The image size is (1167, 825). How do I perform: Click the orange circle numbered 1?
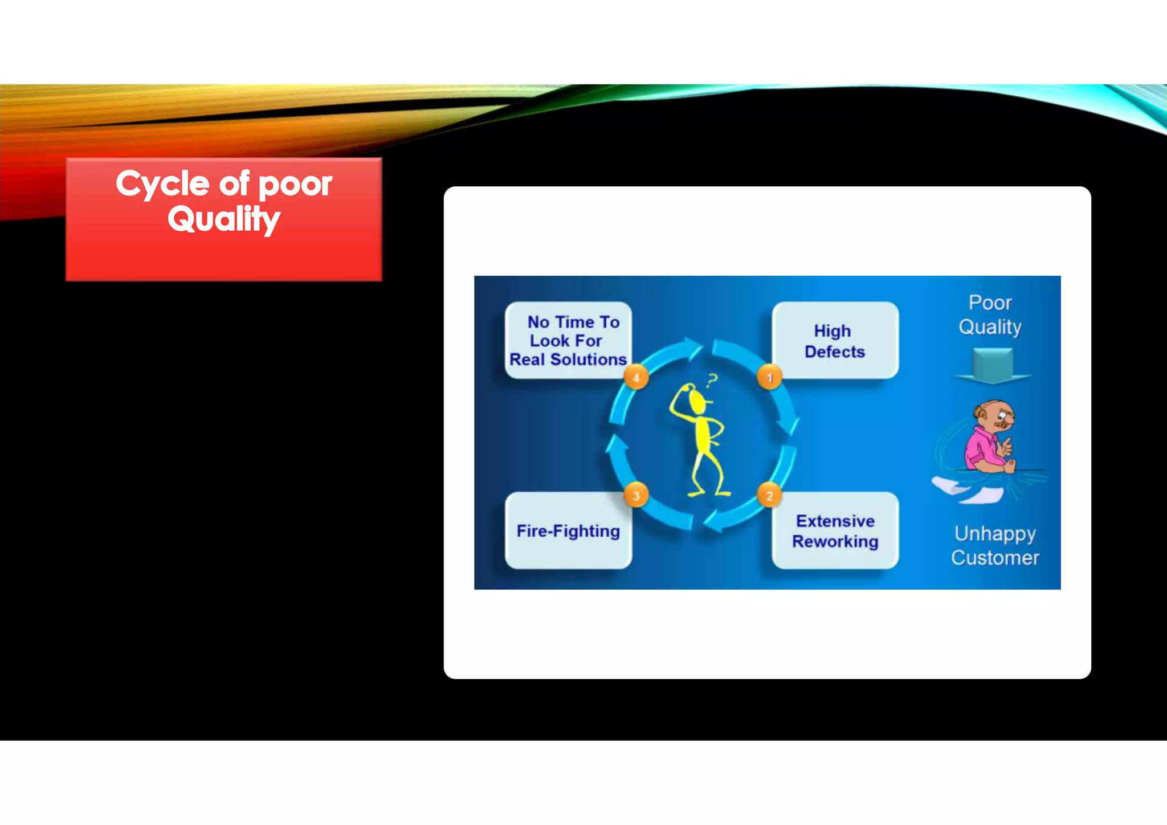point(769,377)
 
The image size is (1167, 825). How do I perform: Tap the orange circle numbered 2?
point(769,496)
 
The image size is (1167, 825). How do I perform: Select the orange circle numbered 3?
point(636,496)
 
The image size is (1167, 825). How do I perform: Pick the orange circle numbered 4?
point(636,377)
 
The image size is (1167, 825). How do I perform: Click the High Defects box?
point(835,340)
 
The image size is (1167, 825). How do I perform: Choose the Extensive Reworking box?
point(835,530)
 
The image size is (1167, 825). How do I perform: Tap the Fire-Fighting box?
point(568,530)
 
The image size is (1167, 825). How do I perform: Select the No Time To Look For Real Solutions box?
point(568,340)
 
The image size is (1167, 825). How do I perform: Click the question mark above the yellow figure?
point(711,381)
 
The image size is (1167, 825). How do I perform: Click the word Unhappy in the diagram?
point(995,534)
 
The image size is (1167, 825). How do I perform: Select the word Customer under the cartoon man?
point(995,558)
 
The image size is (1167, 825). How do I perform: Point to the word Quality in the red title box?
point(224,219)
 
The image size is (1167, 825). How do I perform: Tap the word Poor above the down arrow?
point(990,303)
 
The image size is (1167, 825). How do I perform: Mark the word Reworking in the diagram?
point(835,541)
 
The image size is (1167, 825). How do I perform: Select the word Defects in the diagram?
point(835,352)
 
